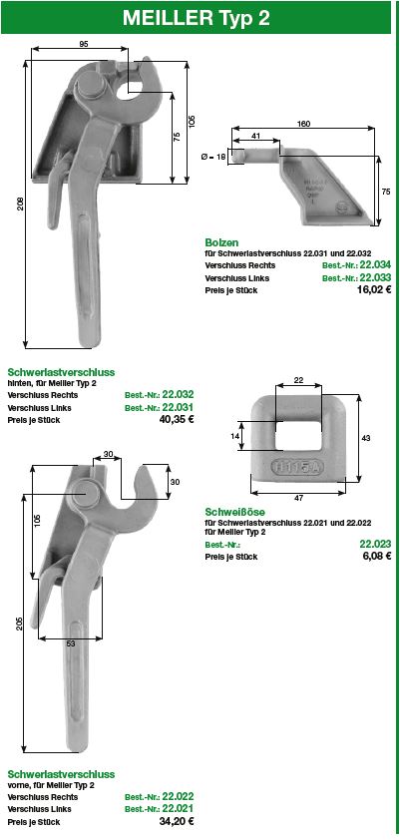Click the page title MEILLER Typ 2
click(x=196, y=18)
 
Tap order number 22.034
click(x=375, y=265)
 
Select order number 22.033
click(x=375, y=277)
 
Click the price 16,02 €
click(x=374, y=290)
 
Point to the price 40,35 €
click(x=177, y=419)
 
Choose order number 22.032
click(x=178, y=394)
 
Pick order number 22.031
click(x=178, y=407)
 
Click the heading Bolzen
click(x=221, y=242)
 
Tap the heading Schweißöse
click(x=235, y=512)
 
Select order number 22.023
click(x=375, y=544)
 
